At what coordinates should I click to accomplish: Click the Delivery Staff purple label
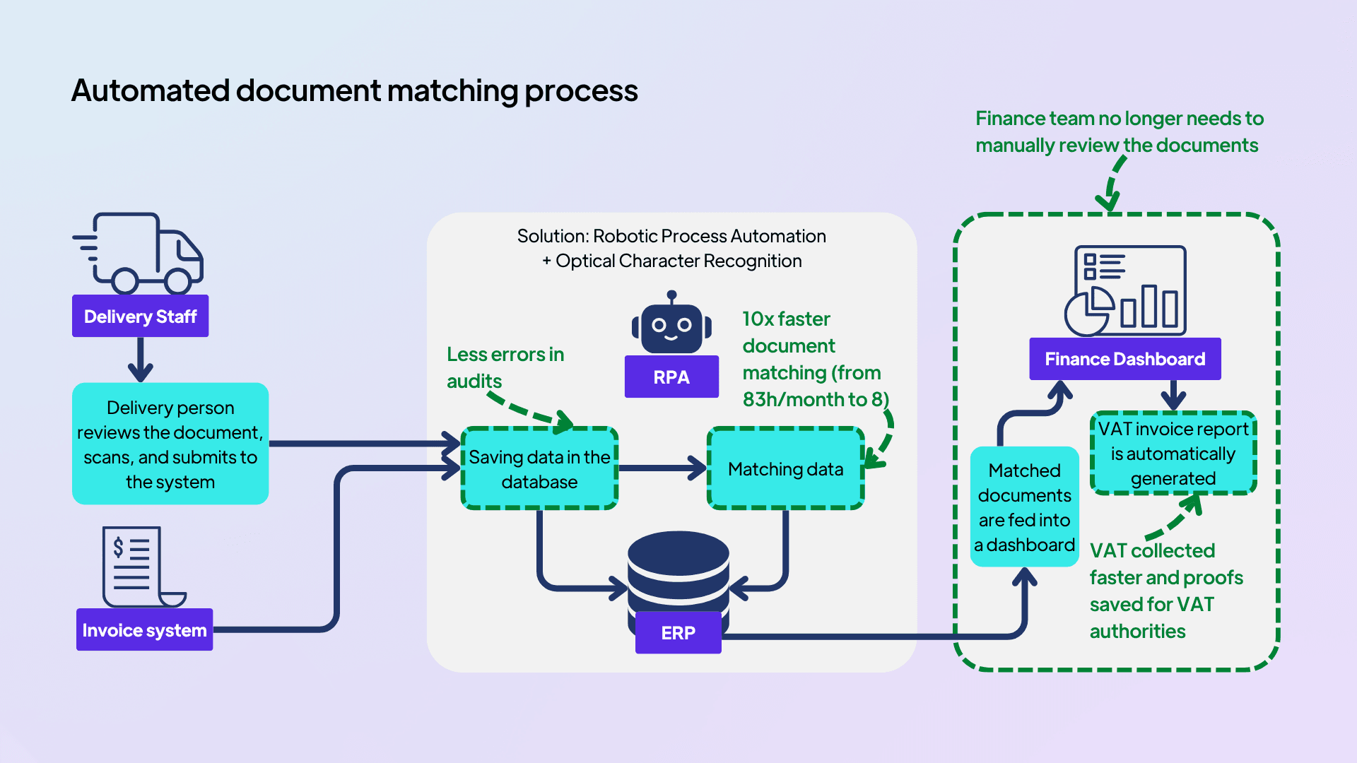tap(140, 316)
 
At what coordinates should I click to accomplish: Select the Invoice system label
tap(144, 629)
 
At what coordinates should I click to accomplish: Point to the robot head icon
tap(671, 326)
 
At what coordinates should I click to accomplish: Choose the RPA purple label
tap(671, 377)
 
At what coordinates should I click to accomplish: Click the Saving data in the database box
tap(539, 468)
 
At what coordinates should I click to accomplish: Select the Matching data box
tap(785, 468)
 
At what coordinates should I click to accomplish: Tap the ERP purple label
tap(678, 632)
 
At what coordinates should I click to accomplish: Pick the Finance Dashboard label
tap(1124, 359)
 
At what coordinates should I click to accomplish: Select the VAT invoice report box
tap(1173, 453)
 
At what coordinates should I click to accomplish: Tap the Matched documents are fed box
tap(1024, 507)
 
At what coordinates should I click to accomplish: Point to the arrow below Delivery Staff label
tap(140, 360)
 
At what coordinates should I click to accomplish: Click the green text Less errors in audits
tap(505, 367)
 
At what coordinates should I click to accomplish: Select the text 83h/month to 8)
tap(815, 400)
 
